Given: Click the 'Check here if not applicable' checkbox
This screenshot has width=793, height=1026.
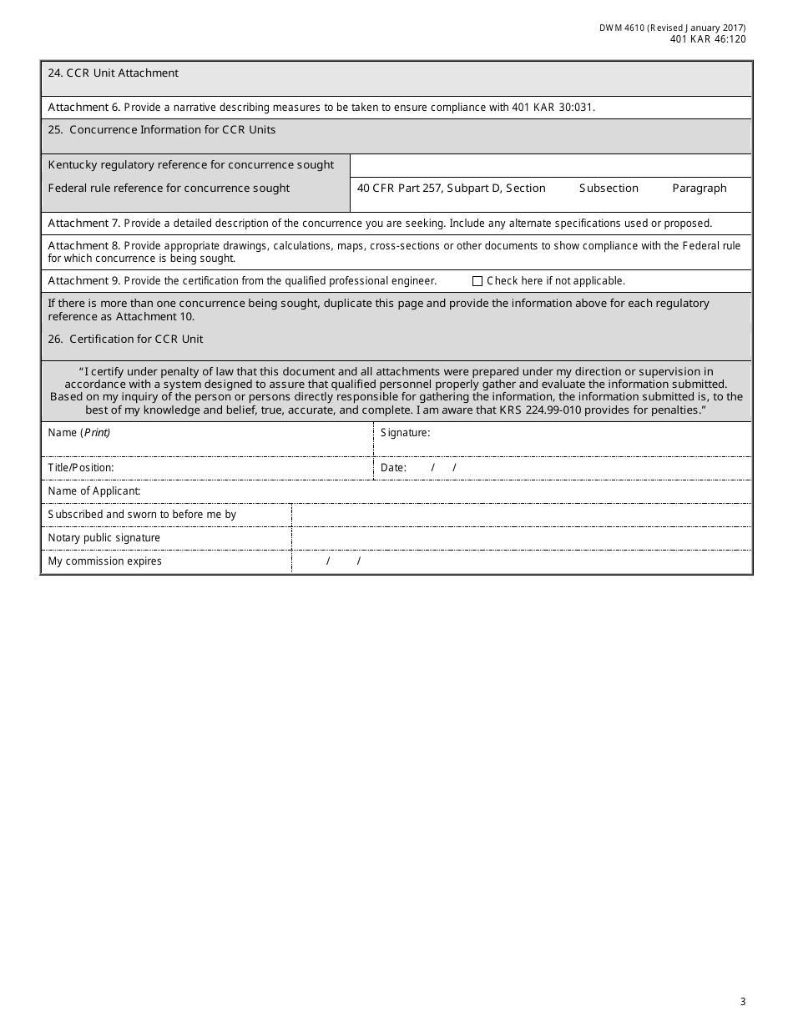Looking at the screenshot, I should click(x=477, y=281).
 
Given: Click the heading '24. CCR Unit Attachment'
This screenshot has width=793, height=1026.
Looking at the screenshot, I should click(x=113, y=73).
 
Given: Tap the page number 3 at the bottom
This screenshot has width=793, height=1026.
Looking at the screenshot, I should click(x=742, y=1002).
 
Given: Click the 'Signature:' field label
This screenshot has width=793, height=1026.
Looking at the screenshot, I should click(x=405, y=433).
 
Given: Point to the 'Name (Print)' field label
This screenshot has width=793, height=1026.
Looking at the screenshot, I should click(x=79, y=433).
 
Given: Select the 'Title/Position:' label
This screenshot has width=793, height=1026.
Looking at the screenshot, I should click(x=81, y=468).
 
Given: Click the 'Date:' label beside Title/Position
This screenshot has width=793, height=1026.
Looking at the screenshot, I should click(x=393, y=468).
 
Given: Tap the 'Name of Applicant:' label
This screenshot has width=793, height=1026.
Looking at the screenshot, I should click(x=94, y=491).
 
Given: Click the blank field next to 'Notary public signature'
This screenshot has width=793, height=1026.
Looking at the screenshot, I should click(x=521, y=538).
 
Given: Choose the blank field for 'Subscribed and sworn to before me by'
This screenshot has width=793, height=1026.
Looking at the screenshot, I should click(x=521, y=515).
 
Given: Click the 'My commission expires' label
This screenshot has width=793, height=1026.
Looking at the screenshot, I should click(x=105, y=561).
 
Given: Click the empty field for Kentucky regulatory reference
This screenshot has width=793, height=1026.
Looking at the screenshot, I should click(x=551, y=165).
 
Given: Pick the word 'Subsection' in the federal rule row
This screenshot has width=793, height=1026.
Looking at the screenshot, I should click(x=609, y=189).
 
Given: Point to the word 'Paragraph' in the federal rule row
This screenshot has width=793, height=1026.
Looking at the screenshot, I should click(x=700, y=189).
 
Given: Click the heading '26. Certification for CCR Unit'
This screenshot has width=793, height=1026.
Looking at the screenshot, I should click(x=125, y=339).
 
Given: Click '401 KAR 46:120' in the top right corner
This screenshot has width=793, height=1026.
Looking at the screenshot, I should click(x=708, y=39).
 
